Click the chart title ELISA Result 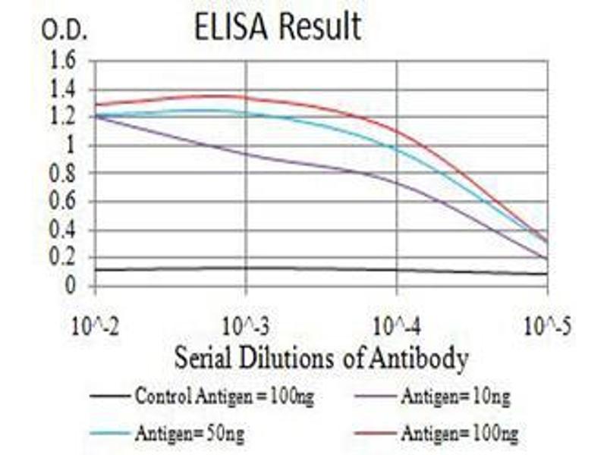pyautogui.click(x=277, y=28)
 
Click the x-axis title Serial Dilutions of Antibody pyautogui.click(x=321, y=358)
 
